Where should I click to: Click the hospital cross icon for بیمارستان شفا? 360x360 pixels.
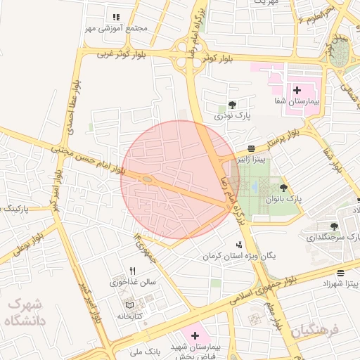coord(296,91)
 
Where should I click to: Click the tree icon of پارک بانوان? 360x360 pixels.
coord(283,188)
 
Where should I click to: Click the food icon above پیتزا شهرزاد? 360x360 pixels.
coord(341,273)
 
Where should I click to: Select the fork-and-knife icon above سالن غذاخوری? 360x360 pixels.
coord(132,271)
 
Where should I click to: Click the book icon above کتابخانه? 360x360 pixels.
coord(128,305)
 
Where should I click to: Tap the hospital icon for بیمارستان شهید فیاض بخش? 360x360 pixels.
coord(195,336)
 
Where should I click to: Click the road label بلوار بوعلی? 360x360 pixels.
coord(20,248)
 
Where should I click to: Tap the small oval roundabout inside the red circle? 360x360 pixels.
coord(147,180)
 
